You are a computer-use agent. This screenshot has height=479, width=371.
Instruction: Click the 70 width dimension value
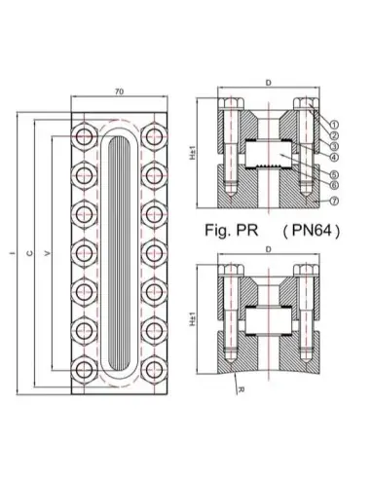pos(119,92)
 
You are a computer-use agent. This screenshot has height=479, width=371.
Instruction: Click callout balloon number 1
pos(334,124)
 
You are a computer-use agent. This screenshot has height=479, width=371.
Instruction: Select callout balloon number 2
pos(334,135)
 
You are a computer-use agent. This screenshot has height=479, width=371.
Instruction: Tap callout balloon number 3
pos(334,146)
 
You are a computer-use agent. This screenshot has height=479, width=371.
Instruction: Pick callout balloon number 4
pos(334,157)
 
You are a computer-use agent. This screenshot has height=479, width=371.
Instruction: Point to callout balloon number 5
pos(334,174)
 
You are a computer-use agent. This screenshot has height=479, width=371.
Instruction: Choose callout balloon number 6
pos(334,185)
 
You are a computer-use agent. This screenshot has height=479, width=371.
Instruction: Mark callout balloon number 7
pos(334,201)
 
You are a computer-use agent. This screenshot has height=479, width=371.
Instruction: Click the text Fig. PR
pos(232,230)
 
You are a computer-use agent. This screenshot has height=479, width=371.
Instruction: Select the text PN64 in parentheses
pos(312,231)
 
